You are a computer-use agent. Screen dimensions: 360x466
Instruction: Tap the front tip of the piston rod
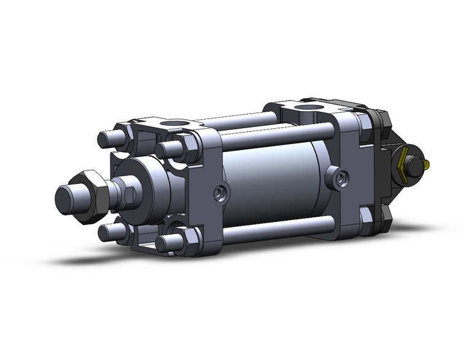coord(63,198)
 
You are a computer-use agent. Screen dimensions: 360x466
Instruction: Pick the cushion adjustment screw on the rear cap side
coord(341,178)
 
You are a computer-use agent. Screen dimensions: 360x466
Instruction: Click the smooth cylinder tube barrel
coord(270,178)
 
